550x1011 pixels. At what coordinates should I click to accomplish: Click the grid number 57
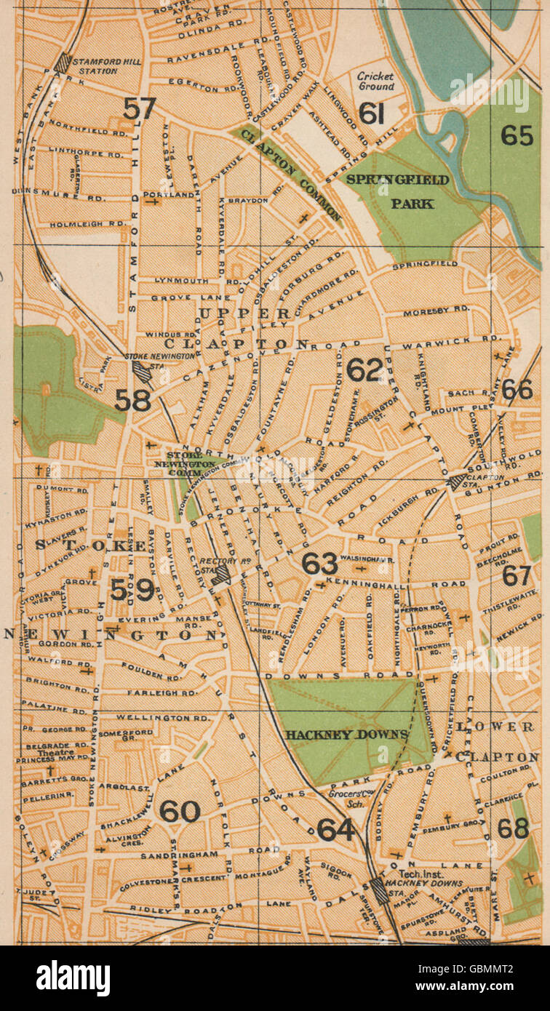[139, 108]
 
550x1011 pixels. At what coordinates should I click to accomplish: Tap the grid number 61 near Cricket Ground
[371, 113]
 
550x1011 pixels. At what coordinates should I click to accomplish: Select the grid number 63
[320, 563]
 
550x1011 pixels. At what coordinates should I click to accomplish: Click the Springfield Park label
[398, 191]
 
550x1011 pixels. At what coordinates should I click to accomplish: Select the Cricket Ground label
[375, 81]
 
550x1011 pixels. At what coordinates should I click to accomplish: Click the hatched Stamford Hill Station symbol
[63, 63]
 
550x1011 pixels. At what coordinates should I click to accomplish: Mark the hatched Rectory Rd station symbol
[222, 575]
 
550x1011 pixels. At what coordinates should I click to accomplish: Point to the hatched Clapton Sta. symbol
[458, 481]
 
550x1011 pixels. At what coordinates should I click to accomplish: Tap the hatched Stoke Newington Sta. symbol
[142, 372]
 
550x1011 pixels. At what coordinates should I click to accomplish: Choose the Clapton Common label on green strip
[291, 172]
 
